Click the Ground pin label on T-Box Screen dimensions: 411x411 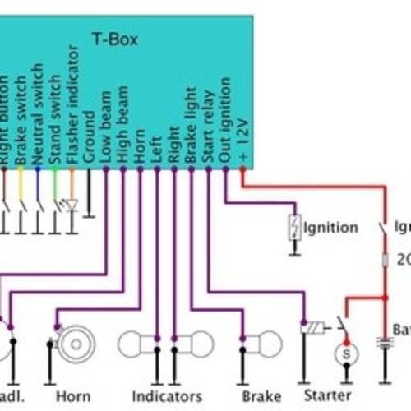(x=90, y=136)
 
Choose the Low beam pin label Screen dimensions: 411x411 (x=106, y=128)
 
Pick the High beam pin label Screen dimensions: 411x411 (x=122, y=127)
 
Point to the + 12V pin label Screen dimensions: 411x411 (x=242, y=143)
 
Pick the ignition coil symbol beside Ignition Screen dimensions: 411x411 (x=293, y=228)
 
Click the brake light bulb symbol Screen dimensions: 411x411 (x=265, y=343)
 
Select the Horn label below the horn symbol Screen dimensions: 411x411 (x=73, y=396)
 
